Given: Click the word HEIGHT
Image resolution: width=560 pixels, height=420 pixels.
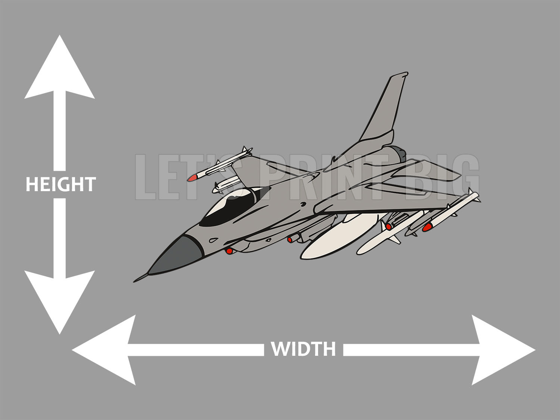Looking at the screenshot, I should point(60,184).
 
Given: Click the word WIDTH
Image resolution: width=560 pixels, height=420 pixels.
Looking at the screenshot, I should point(303,349).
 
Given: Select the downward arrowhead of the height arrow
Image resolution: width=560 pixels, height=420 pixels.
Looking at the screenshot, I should point(60,299).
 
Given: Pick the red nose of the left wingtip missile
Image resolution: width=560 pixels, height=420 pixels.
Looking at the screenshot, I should point(193,178).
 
